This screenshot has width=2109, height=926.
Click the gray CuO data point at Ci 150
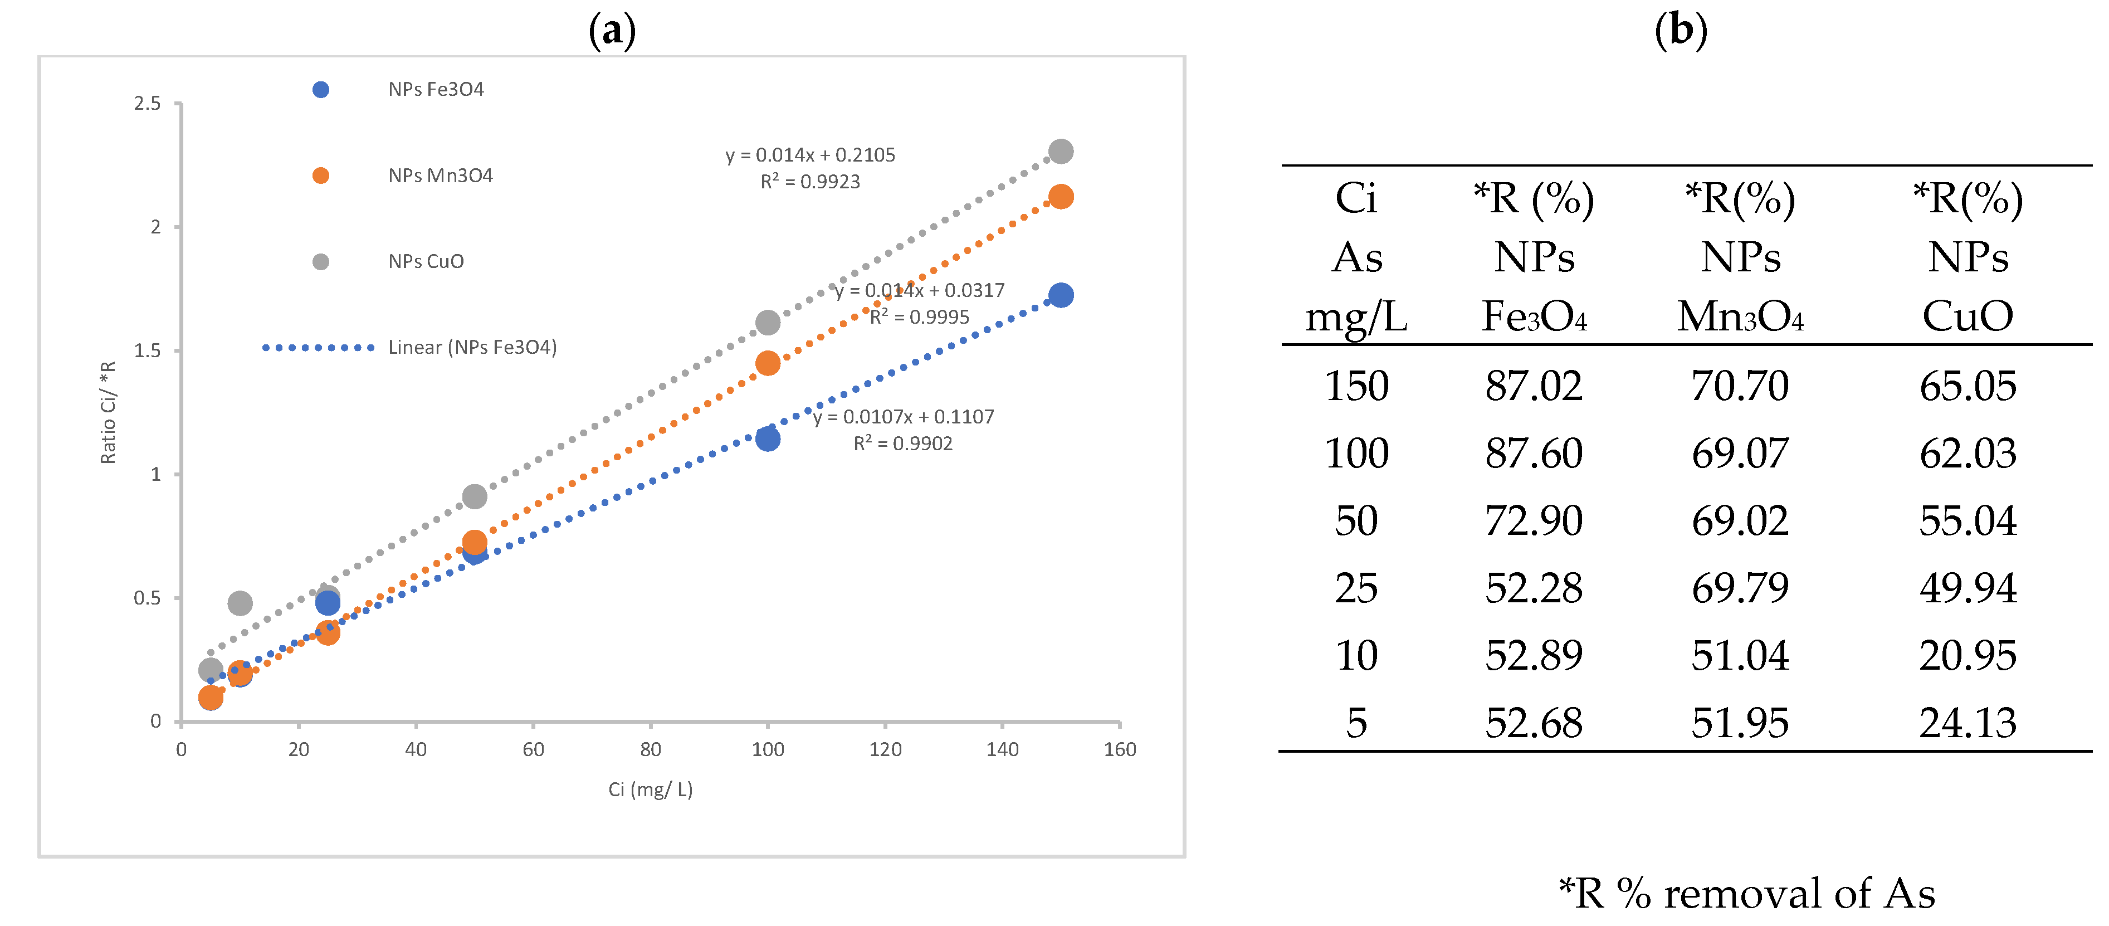pos(1060,152)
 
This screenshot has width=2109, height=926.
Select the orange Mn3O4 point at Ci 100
pos(767,363)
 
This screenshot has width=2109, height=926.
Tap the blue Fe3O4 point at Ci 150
pos(1060,295)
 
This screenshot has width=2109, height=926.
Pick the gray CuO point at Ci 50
pos(474,496)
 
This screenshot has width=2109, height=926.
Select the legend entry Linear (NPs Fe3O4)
pos(472,347)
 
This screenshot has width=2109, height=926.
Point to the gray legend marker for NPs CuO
pos(321,261)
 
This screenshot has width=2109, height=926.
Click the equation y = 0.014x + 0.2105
pos(810,155)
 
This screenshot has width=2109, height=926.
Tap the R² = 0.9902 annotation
pos(902,443)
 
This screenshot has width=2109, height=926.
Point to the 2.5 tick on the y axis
pos(148,103)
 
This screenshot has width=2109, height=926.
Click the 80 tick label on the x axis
pos(650,749)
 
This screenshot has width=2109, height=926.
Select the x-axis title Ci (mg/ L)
pos(650,789)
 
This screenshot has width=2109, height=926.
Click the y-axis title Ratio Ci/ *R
pos(108,413)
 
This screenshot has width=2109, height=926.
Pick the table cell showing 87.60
pos(1534,454)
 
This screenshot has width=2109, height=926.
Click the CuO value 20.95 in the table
pos(1968,656)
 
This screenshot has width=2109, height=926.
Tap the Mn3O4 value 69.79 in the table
pos(1740,588)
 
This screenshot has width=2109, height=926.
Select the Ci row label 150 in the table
pos(1356,386)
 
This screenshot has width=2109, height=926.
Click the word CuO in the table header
pos(1968,316)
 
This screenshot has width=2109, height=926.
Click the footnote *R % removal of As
pos(1746,893)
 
